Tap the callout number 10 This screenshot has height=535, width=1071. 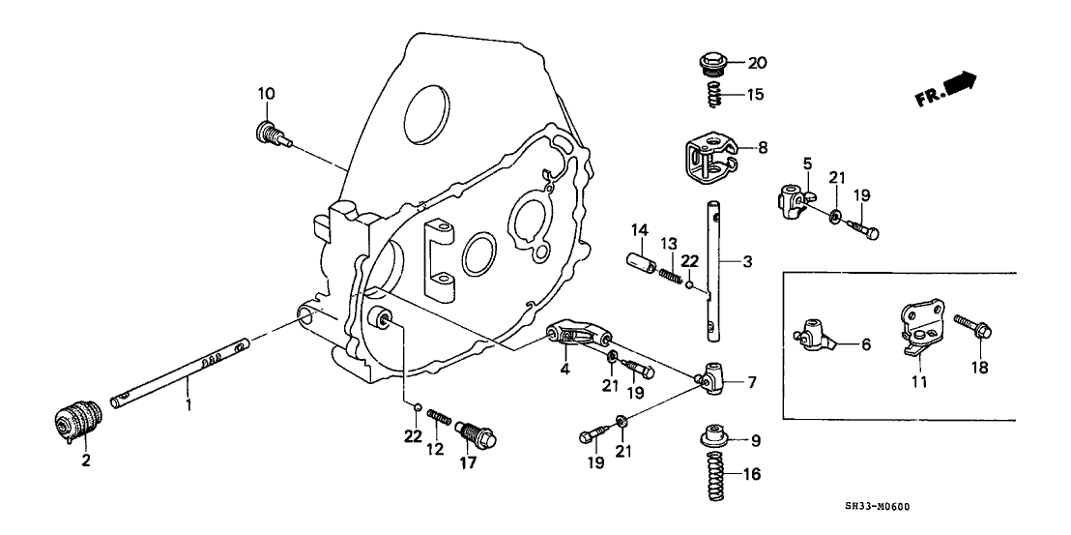(x=266, y=94)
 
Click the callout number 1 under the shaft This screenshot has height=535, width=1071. (x=188, y=406)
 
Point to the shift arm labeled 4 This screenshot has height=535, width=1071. (x=578, y=334)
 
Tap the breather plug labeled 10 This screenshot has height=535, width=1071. (x=272, y=133)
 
